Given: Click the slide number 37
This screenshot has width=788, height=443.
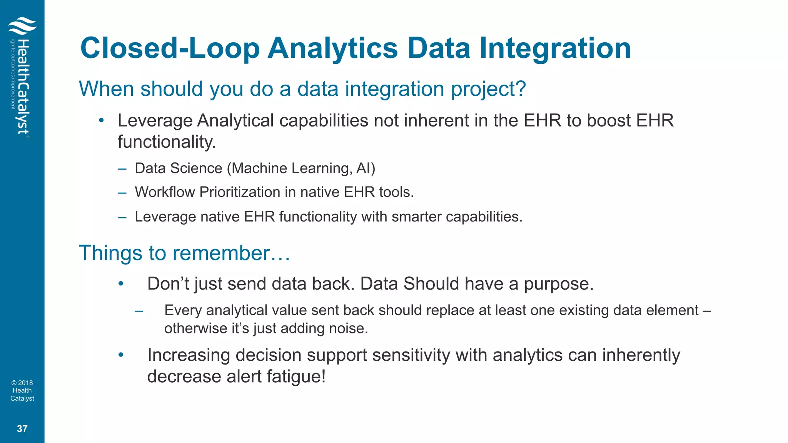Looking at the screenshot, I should (x=22, y=429).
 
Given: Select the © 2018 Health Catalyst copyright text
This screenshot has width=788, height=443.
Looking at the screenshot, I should (x=22, y=390).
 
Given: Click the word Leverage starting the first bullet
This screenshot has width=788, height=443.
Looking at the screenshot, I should (x=155, y=121).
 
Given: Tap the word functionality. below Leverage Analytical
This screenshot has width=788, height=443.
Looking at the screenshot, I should (x=167, y=142).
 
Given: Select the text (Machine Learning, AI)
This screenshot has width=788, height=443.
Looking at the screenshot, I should (x=301, y=168).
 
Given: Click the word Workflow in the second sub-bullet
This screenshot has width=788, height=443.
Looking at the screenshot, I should (x=165, y=192).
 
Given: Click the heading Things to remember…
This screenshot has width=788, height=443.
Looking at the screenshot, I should (x=184, y=253).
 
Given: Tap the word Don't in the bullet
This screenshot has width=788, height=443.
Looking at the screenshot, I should (x=168, y=284).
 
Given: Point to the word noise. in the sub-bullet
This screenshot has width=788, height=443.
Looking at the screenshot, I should (x=349, y=328).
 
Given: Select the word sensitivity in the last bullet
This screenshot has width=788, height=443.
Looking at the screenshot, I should (x=411, y=355).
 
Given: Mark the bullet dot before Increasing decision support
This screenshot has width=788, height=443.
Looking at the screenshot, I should (x=121, y=355).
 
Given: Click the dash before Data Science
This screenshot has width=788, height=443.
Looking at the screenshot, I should (x=122, y=168).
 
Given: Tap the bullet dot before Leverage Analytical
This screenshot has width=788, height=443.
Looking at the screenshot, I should (x=101, y=121).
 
